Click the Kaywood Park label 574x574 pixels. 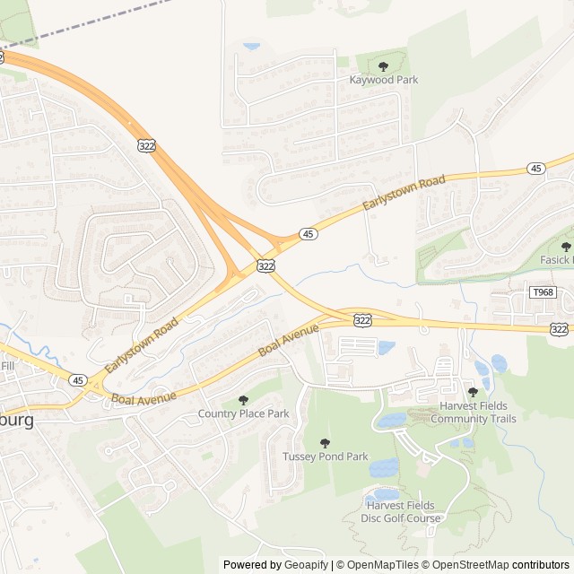coord(383,80)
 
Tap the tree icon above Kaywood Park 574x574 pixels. coord(384,66)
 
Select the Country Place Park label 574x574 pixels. coord(243,413)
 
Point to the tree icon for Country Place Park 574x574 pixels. coord(243,400)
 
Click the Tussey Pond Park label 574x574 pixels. coord(325,457)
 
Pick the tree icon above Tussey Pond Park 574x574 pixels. coord(325,443)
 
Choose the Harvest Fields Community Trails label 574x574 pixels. coord(473,413)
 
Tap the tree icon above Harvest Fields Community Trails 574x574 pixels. coord(473,392)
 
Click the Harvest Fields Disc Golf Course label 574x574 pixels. coord(401,512)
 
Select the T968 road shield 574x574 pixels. coord(543,292)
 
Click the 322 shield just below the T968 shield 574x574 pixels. coord(560,329)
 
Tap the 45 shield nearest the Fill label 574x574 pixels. coord(77,379)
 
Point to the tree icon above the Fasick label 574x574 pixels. coord(566,246)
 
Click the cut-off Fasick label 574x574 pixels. coord(556,260)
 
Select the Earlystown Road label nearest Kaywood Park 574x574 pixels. coord(404,194)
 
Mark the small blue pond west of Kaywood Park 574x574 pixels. coord(252,45)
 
